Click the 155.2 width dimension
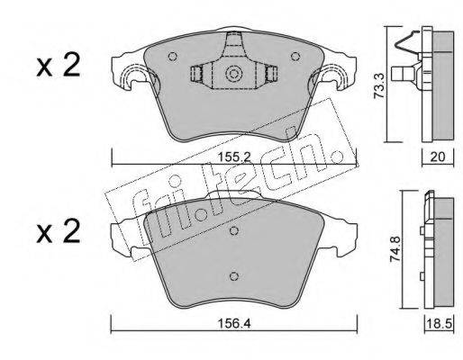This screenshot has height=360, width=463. (234, 157)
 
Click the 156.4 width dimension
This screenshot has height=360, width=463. (234, 323)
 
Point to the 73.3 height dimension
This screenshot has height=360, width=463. (379, 85)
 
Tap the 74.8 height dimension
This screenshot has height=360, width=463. (395, 249)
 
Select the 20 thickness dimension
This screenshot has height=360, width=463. (438, 157)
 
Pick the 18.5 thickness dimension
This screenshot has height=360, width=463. (440, 323)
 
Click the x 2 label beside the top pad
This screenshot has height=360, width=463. (59, 66)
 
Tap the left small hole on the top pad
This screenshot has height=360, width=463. (172, 56)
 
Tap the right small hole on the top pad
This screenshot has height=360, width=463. (295, 56)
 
